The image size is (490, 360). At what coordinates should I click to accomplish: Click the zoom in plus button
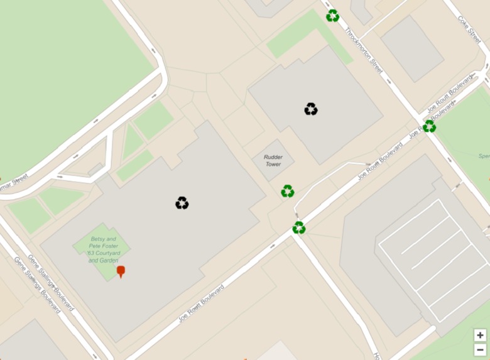tap(480, 335)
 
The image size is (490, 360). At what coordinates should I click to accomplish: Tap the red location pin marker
tap(121, 271)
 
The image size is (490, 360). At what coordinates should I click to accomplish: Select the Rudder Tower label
tap(273, 160)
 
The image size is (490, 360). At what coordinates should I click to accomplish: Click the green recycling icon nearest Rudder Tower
tap(288, 191)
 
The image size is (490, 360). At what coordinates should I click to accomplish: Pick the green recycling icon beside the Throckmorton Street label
tap(332, 16)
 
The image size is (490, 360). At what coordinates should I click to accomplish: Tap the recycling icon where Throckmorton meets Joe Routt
tap(429, 126)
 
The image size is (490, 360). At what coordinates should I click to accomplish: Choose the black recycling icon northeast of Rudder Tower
tap(311, 109)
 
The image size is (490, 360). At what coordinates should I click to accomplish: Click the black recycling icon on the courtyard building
tap(182, 203)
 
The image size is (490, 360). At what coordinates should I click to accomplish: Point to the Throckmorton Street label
tap(364, 54)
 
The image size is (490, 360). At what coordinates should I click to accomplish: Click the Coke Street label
tap(470, 29)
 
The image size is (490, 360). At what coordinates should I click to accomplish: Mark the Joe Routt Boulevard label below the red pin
tap(201, 304)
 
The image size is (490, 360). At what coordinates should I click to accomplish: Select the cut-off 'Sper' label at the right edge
tap(484, 156)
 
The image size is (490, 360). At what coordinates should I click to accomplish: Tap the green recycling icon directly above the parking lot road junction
tap(299, 227)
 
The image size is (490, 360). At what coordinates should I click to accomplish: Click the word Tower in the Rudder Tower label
tap(273, 164)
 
